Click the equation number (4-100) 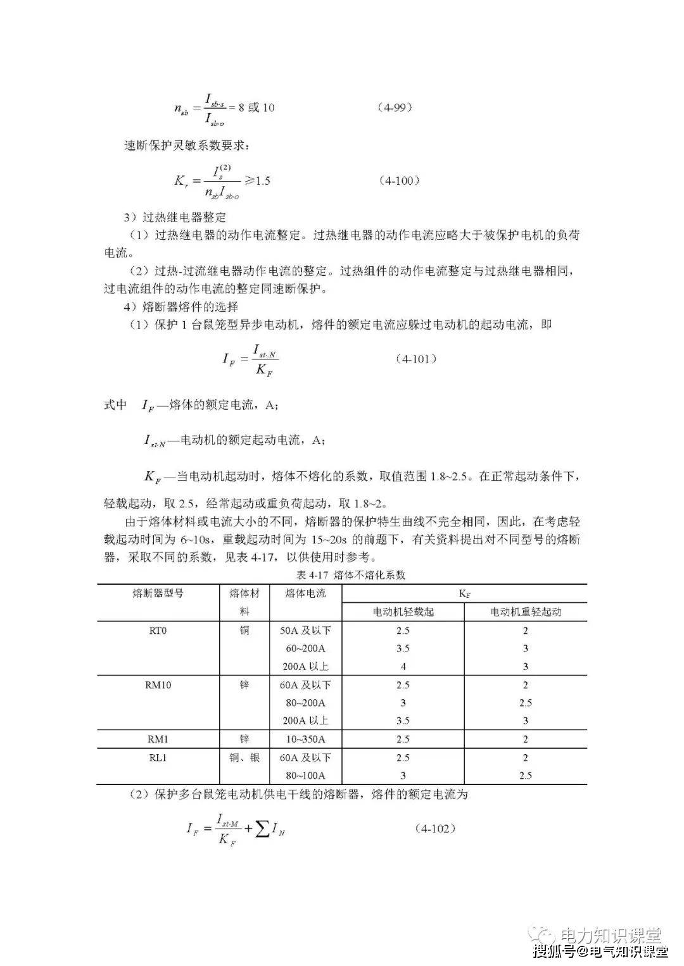pos(400,180)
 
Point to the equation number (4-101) pos(415,359)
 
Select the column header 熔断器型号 pos(158,593)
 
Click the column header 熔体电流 pos(305,593)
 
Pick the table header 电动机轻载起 pos(403,612)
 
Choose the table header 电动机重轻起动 pos(525,612)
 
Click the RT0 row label pos(158,630)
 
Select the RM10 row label pos(158,684)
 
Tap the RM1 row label pos(158,739)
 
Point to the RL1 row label pos(158,757)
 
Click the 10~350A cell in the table pos(305,739)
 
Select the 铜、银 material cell pos(244,757)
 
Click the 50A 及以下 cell pos(305,630)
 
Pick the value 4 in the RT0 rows pos(403,666)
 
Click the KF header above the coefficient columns pos(464,594)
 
